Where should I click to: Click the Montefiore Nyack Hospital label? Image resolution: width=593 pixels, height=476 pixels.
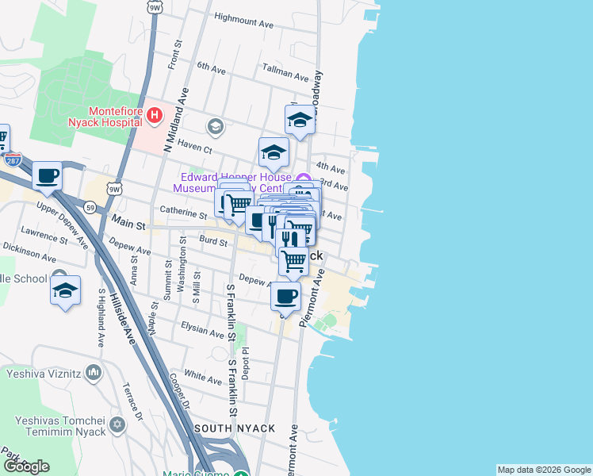coord(115,117)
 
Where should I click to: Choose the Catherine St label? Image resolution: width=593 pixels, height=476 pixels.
coord(183,212)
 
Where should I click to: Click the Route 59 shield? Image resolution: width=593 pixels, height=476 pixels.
coord(91,208)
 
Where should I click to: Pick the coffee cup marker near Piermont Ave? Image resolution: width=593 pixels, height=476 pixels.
coord(285,297)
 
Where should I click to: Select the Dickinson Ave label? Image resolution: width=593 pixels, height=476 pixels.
coord(29,252)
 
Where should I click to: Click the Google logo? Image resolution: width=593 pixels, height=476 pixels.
coord(25,466)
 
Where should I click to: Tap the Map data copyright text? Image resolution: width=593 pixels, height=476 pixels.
coord(544,470)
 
